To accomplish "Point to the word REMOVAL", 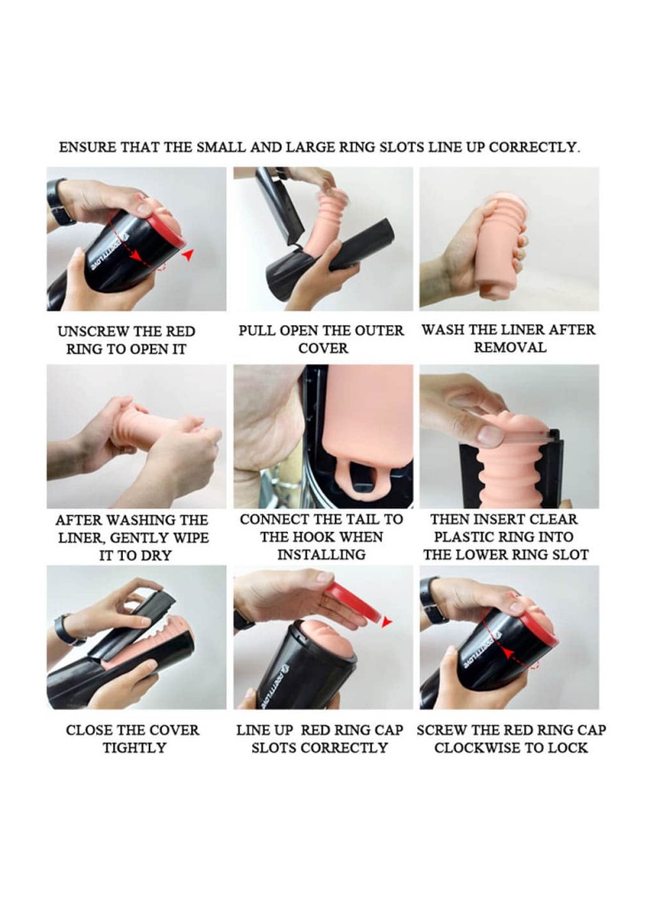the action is pos(510,348).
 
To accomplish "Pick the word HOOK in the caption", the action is pos(311,537).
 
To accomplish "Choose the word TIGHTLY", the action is pos(134,748).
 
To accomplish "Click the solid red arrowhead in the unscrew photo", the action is pos(188,255).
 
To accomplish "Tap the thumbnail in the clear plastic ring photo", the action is pos(489,435).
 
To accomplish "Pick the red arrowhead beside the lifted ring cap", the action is pos(387,622).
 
